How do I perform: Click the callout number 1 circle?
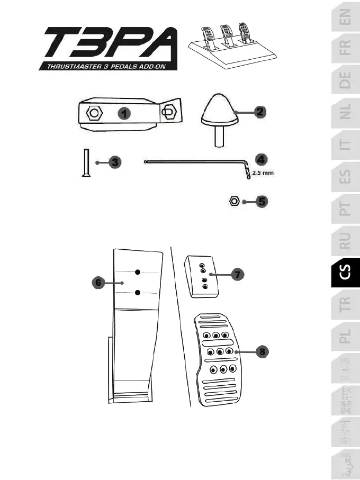tap(123, 113)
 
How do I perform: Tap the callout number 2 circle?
tap(259, 112)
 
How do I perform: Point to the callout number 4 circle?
tap(259, 159)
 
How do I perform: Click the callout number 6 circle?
tap(98, 283)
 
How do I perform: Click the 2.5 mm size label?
tap(263, 173)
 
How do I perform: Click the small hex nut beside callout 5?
tap(236, 201)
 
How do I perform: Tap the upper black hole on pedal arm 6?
tap(138, 272)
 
